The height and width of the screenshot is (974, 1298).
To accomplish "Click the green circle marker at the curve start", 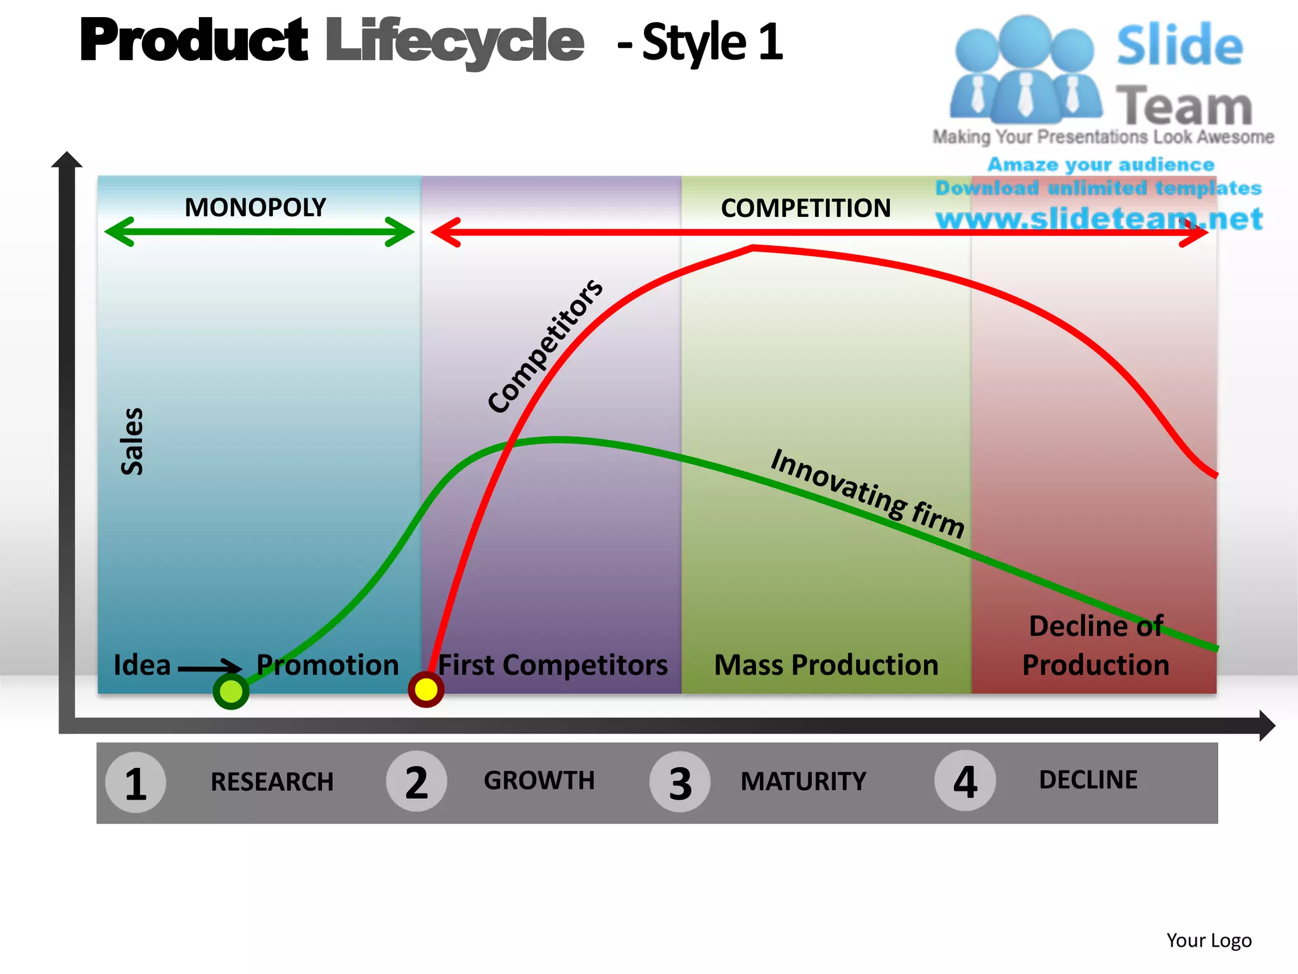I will [x=231, y=691].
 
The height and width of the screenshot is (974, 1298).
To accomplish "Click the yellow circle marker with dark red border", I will [x=426, y=689].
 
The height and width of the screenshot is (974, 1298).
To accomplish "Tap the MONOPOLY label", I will [x=255, y=207].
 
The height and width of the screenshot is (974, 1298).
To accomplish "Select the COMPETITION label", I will [x=806, y=208].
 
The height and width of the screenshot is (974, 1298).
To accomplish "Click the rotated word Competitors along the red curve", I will [x=545, y=346].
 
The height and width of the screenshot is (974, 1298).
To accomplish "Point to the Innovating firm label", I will [x=868, y=493].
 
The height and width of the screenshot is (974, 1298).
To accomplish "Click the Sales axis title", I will [x=132, y=441].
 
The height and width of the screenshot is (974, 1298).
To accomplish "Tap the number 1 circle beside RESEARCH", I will [x=136, y=783].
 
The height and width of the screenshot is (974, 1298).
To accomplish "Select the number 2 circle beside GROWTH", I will [x=416, y=782].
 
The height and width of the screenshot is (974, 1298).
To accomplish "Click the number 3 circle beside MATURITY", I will [x=680, y=782].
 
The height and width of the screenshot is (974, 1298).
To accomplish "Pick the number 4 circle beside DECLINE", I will [x=965, y=781].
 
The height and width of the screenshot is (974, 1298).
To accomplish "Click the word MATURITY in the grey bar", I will [x=803, y=781].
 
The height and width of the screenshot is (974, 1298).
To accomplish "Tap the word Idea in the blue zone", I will [x=142, y=665].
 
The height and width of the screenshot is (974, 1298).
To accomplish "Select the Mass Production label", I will [x=826, y=665].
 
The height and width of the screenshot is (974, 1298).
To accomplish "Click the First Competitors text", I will [x=553, y=665].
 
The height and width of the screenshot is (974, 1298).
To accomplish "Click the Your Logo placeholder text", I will [x=1209, y=940].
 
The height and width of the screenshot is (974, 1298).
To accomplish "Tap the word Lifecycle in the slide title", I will [x=454, y=41].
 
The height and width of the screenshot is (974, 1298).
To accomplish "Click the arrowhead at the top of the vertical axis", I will [x=67, y=160].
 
